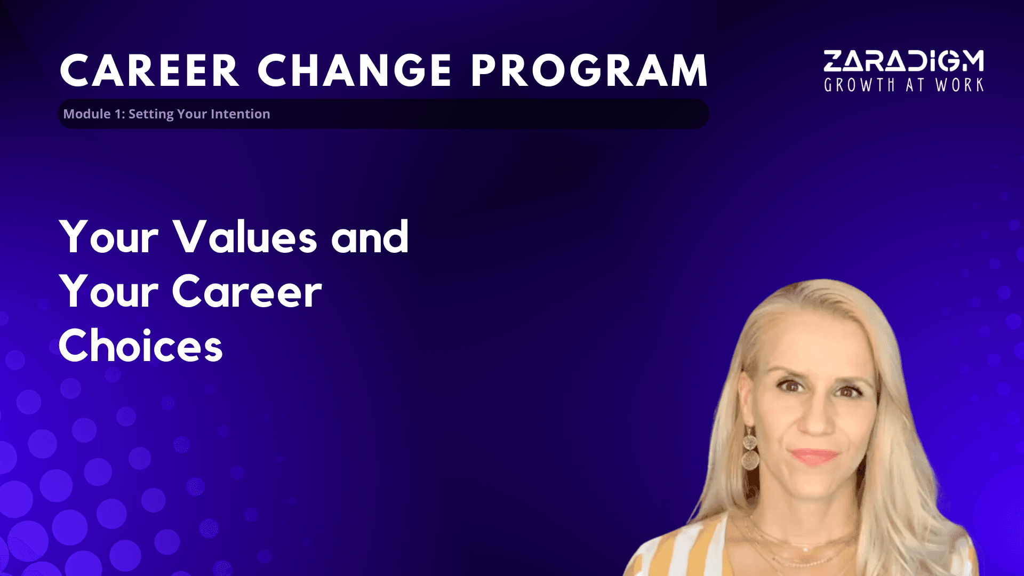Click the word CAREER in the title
click(x=149, y=70)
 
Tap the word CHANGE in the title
click(x=355, y=70)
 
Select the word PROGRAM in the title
click(x=589, y=70)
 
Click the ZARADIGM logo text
click(x=903, y=61)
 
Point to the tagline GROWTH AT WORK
click(x=903, y=85)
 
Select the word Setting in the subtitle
click(x=151, y=114)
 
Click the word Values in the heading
click(x=245, y=236)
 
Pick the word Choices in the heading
click(x=141, y=345)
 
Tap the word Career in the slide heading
click(x=247, y=291)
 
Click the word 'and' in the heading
click(x=370, y=236)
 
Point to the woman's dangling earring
click(x=750, y=449)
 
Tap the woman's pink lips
click(x=814, y=457)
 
